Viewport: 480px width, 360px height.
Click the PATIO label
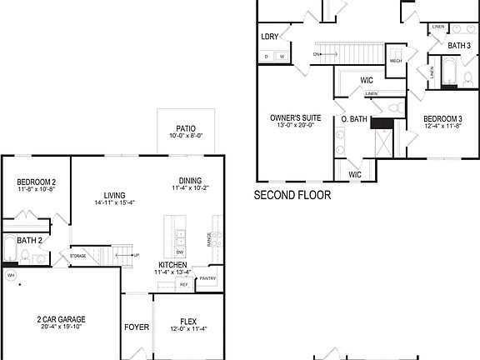coord(186,128)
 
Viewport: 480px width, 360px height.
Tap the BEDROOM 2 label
coord(37,182)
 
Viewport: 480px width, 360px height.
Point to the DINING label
coord(190,181)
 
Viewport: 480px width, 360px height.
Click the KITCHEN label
coord(172,264)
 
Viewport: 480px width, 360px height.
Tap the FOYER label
coord(137,327)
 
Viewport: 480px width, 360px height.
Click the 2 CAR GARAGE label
coord(61,319)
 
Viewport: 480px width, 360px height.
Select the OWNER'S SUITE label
coord(292,118)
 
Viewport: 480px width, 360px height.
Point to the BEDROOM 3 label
coord(442,119)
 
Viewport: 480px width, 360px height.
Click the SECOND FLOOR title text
coord(292,196)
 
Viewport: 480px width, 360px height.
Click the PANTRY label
coord(207,278)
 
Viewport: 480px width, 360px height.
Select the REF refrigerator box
coord(183,284)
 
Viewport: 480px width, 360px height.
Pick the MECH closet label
coord(396,60)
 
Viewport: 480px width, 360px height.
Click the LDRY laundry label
coord(269,37)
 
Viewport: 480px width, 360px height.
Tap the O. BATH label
coord(354,119)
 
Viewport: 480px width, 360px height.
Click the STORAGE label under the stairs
coord(78,256)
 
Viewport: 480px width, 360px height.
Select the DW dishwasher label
coord(180,251)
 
